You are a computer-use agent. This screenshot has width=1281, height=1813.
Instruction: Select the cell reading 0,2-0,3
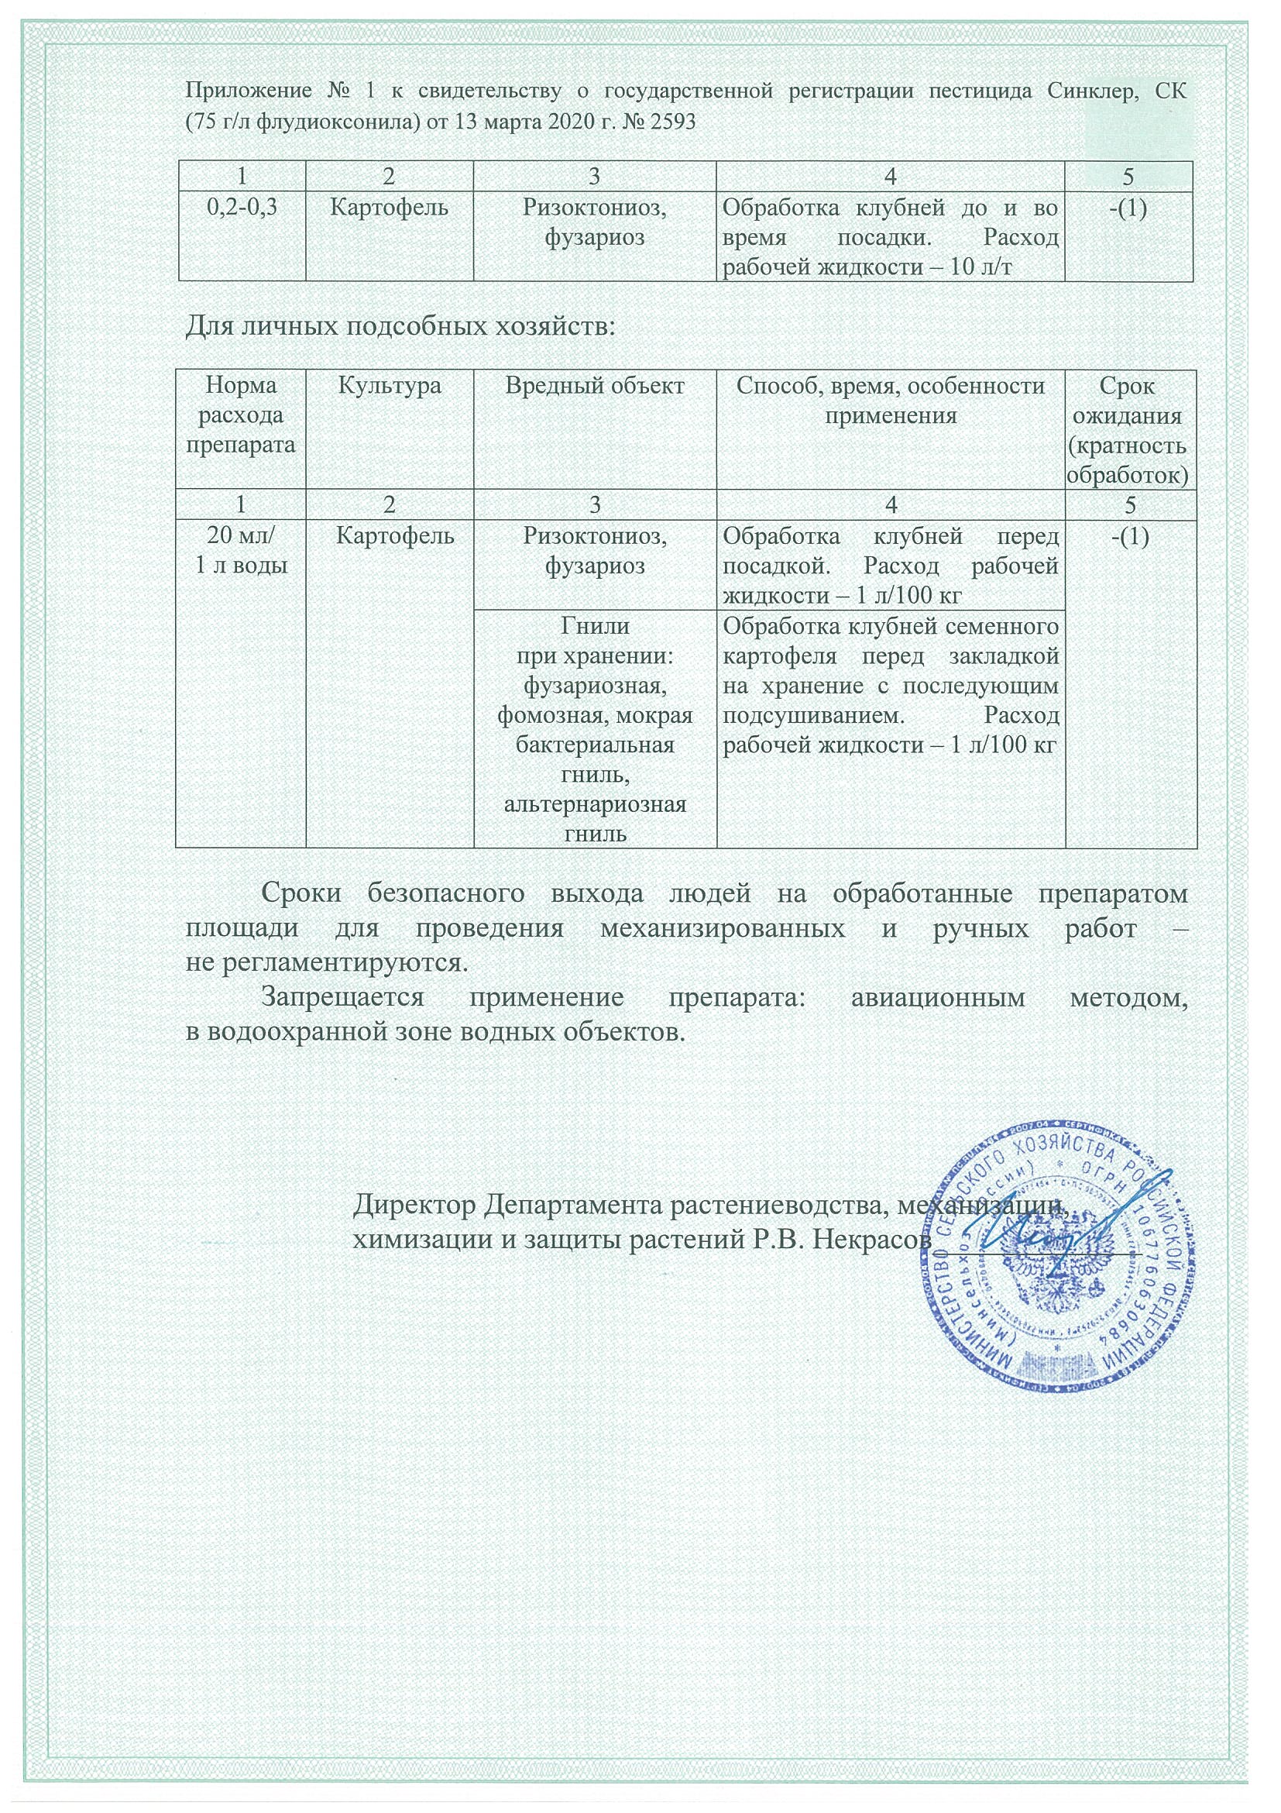(x=242, y=208)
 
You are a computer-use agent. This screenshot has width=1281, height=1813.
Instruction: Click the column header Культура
(x=389, y=386)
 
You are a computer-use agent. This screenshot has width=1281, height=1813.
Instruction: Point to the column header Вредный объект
(x=594, y=386)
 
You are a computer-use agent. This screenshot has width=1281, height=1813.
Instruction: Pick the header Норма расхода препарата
(x=242, y=415)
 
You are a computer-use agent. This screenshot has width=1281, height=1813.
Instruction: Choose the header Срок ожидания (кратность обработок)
(x=1129, y=431)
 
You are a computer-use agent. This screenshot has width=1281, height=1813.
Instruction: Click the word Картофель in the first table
(x=389, y=208)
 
